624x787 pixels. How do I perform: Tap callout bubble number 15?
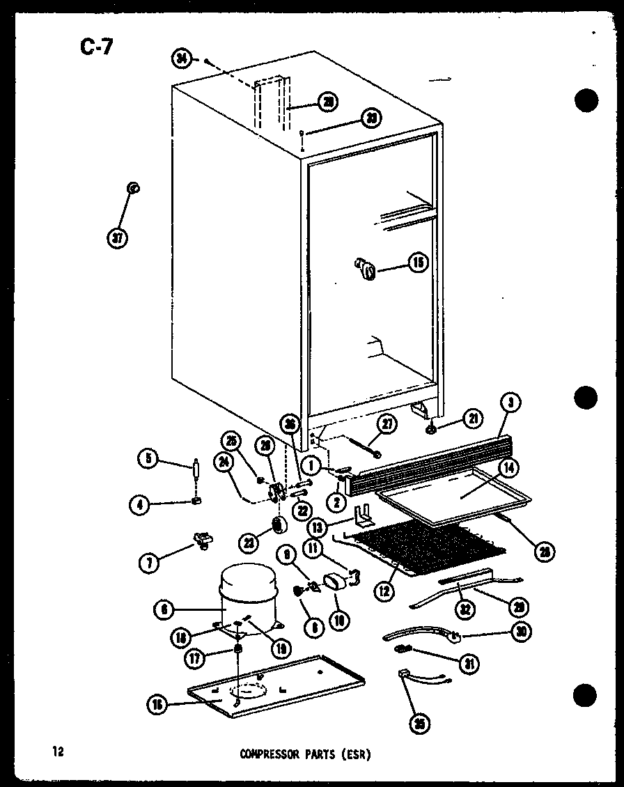tap(417, 264)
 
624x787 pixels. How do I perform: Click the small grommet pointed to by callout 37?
tap(132, 189)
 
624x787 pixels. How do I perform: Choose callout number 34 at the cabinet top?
tap(182, 60)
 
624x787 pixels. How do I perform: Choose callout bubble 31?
tap(471, 664)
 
